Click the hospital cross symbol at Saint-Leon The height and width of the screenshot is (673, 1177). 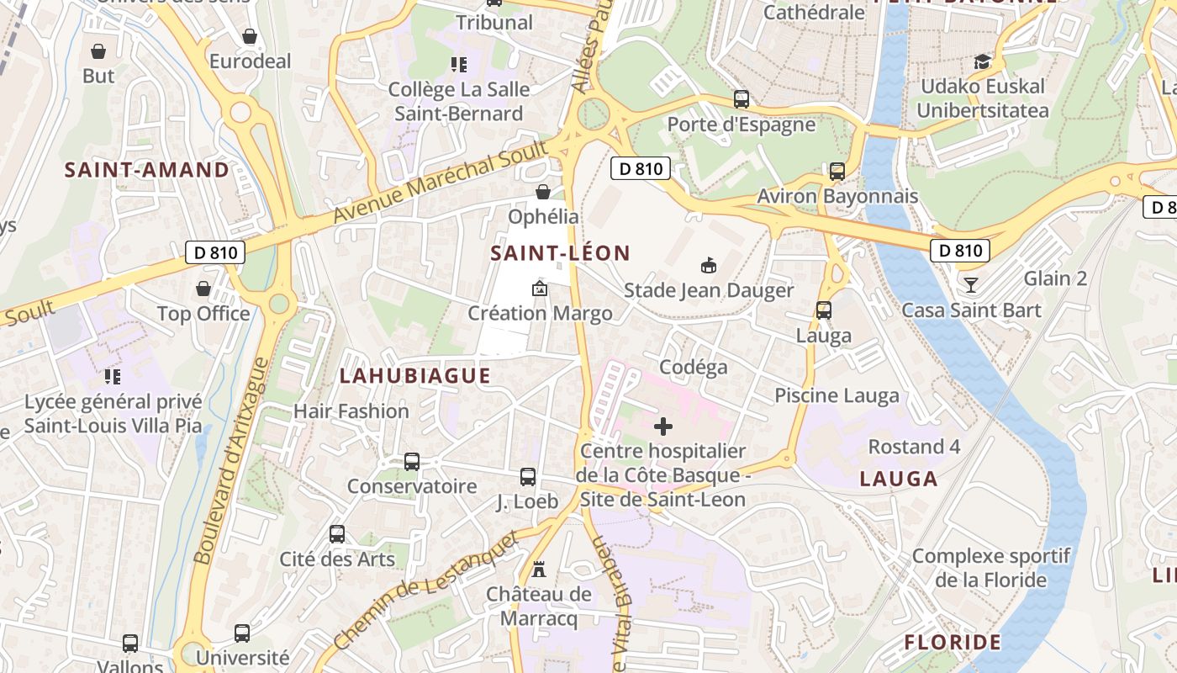tap(663, 427)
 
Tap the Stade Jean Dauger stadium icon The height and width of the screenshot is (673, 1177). tap(709, 266)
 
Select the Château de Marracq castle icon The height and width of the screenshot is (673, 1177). tap(539, 570)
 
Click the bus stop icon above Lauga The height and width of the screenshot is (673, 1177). tap(824, 310)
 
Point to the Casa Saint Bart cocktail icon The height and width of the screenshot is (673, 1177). tap(971, 285)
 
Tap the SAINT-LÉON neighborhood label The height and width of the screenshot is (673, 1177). tap(560, 253)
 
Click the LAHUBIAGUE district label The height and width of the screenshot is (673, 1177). tap(414, 376)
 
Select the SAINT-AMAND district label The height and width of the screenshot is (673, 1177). tap(147, 170)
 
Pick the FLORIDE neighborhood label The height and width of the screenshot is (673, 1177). tap(953, 643)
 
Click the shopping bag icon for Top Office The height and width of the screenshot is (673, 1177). tap(203, 289)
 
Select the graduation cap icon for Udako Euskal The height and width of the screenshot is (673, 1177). tap(982, 61)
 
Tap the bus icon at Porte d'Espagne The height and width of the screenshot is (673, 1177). tap(742, 99)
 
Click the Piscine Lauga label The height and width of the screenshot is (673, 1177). tap(837, 395)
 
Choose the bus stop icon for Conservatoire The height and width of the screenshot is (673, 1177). tap(412, 462)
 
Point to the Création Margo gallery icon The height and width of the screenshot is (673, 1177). tap(540, 289)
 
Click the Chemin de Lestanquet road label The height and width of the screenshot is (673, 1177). tap(425, 591)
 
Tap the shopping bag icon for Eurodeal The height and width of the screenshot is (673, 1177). tap(250, 36)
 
